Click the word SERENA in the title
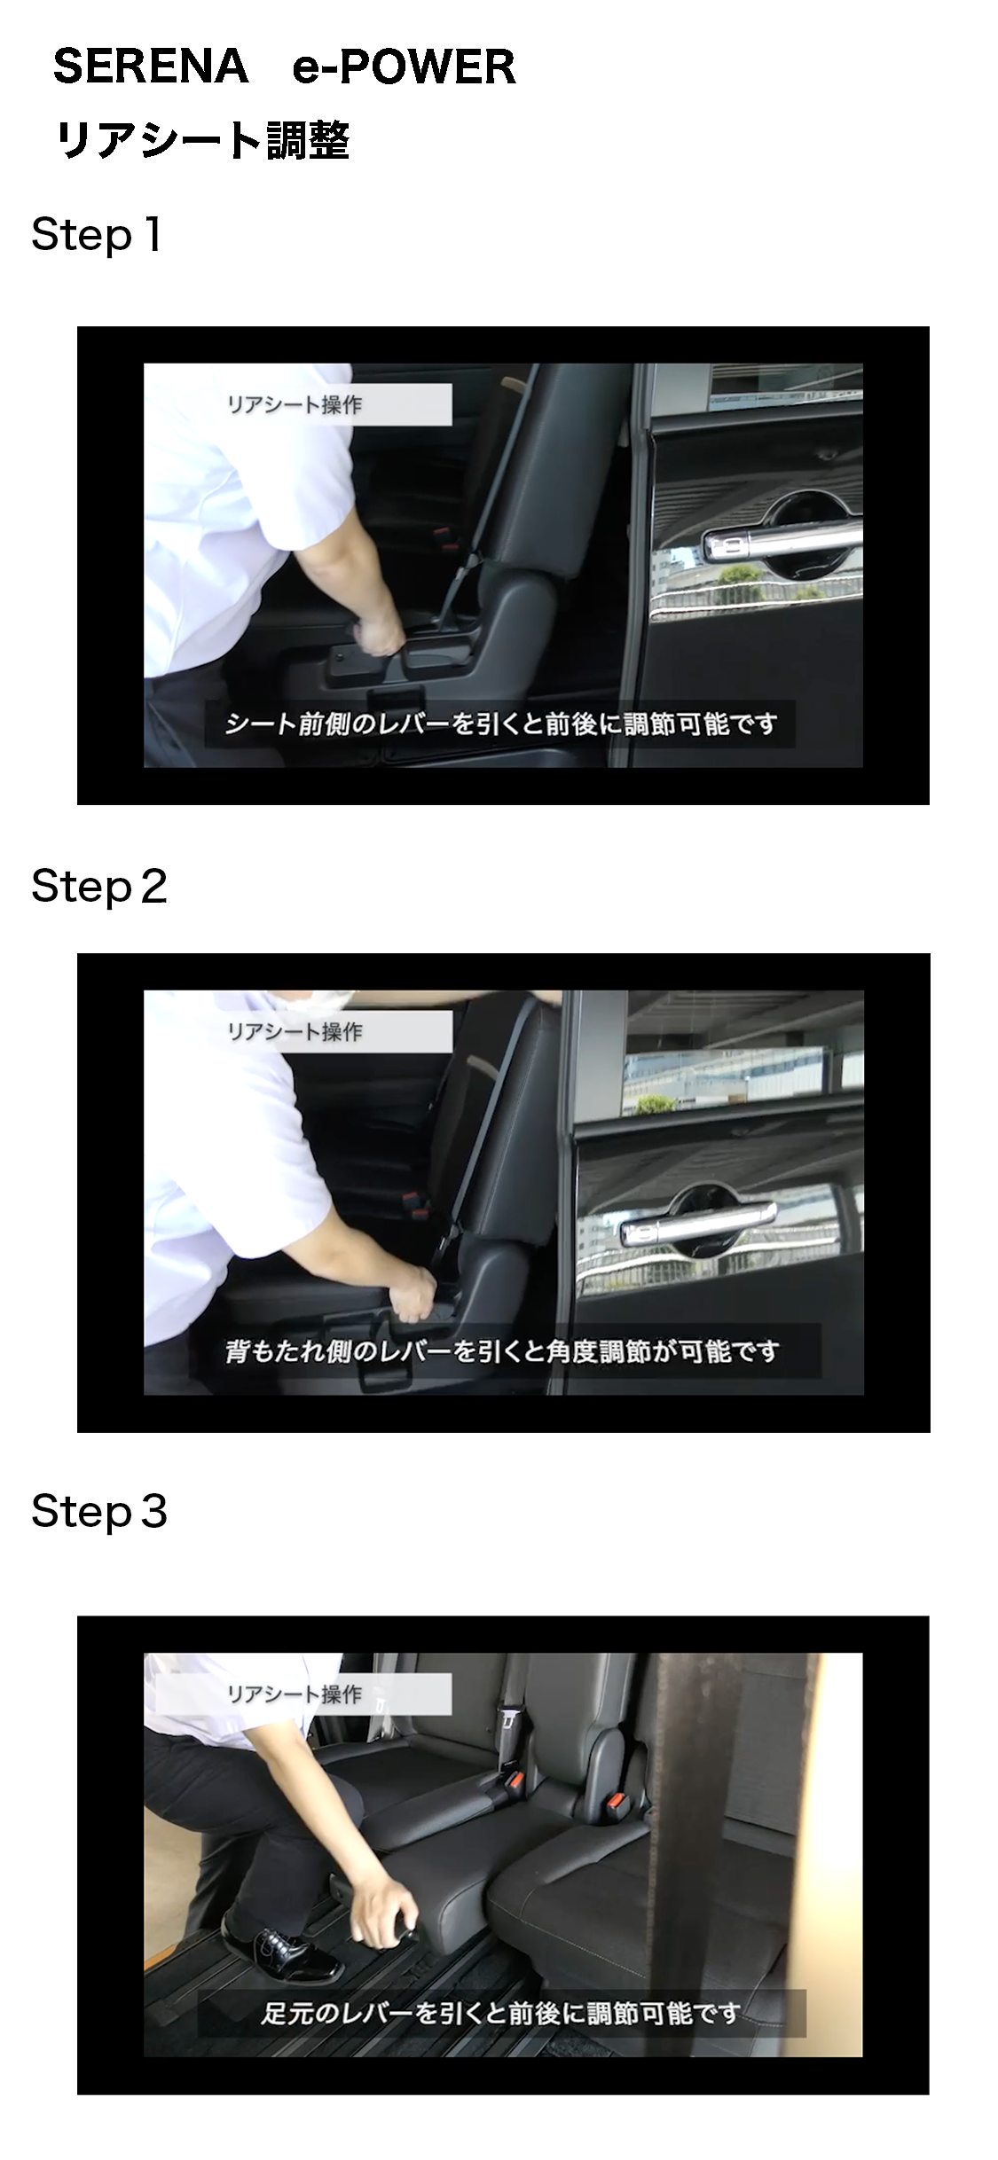(151, 67)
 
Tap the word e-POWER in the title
(405, 67)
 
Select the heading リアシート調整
(203, 140)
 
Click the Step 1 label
(96, 235)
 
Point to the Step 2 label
(99, 886)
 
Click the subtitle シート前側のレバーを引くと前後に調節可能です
(501, 724)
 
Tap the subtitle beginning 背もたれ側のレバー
(503, 1351)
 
